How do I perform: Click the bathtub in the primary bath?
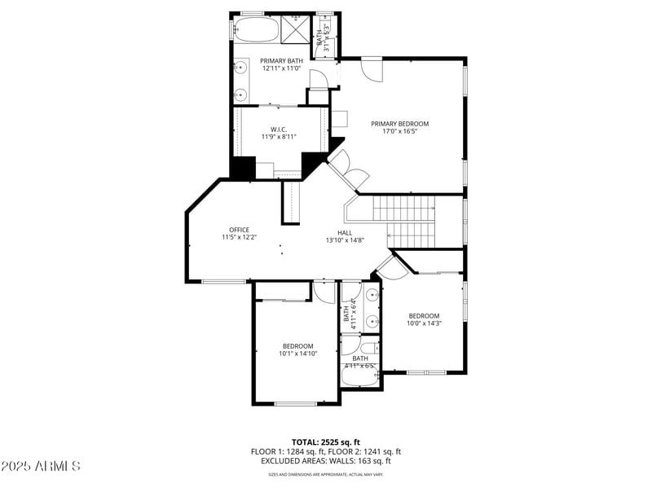point(257,30)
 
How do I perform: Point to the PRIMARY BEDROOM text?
point(399,124)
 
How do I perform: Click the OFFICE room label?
point(239,230)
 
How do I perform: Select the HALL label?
point(345,232)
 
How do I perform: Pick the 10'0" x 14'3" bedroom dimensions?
point(424,323)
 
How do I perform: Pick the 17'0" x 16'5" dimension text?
point(399,132)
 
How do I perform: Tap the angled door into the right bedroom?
point(391,265)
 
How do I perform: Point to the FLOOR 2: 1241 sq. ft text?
point(365,451)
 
